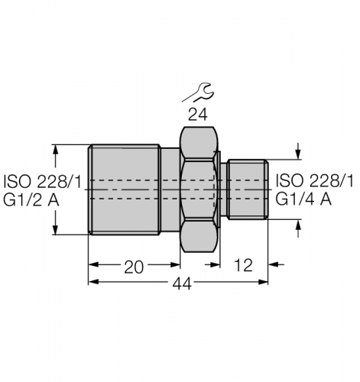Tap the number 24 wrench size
(x=198, y=115)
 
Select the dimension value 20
(x=134, y=267)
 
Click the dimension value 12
(x=243, y=265)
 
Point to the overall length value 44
(x=182, y=284)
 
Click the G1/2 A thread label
(x=31, y=200)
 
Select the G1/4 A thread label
(x=303, y=199)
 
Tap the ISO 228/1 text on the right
(x=315, y=181)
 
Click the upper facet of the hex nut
(x=199, y=143)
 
